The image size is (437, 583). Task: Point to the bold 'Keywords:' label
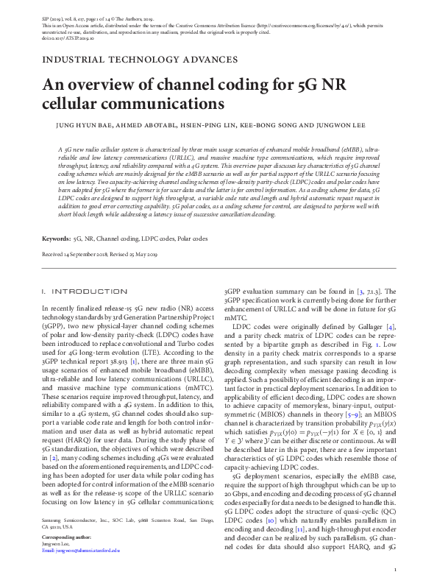pyautogui.click(x=56, y=239)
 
